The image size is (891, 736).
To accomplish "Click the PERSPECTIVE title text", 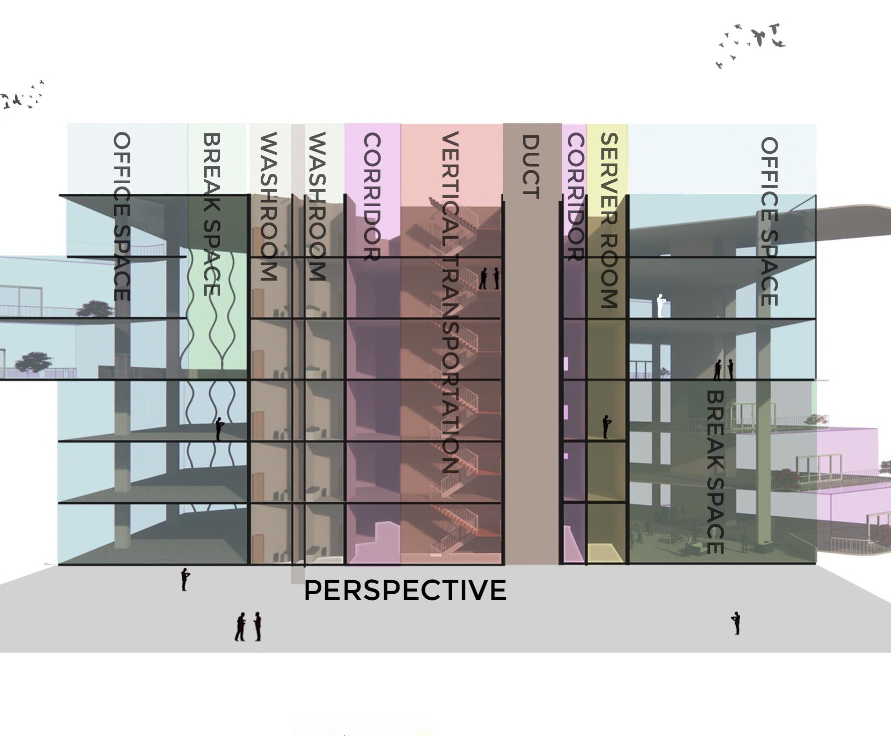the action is (x=405, y=590).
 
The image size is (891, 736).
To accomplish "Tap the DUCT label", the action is (x=530, y=167).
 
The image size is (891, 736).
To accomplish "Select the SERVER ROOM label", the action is (x=609, y=220).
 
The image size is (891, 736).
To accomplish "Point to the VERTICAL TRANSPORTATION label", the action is (x=450, y=302).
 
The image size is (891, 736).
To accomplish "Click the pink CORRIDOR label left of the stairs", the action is (x=372, y=197).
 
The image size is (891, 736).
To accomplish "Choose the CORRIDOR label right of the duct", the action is (x=575, y=197).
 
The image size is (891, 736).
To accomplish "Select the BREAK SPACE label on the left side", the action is (x=212, y=214).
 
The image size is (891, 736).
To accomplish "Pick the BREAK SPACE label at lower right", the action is (x=715, y=472).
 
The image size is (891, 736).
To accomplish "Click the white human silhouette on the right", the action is (x=661, y=306).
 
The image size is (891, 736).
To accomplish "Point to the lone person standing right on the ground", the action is (x=736, y=623).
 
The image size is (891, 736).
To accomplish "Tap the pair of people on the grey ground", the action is (x=249, y=626).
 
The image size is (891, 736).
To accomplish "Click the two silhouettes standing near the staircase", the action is (x=489, y=279).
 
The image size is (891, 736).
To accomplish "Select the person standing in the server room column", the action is (x=606, y=426).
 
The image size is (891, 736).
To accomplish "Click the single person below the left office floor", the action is (x=185, y=579).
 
